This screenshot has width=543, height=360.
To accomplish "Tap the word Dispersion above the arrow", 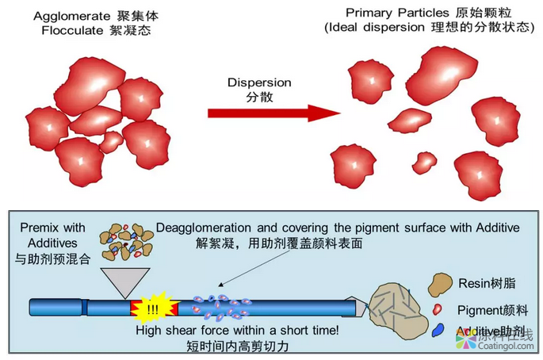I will (x=259, y=82).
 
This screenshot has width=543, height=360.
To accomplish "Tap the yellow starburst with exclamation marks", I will (x=151, y=306).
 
